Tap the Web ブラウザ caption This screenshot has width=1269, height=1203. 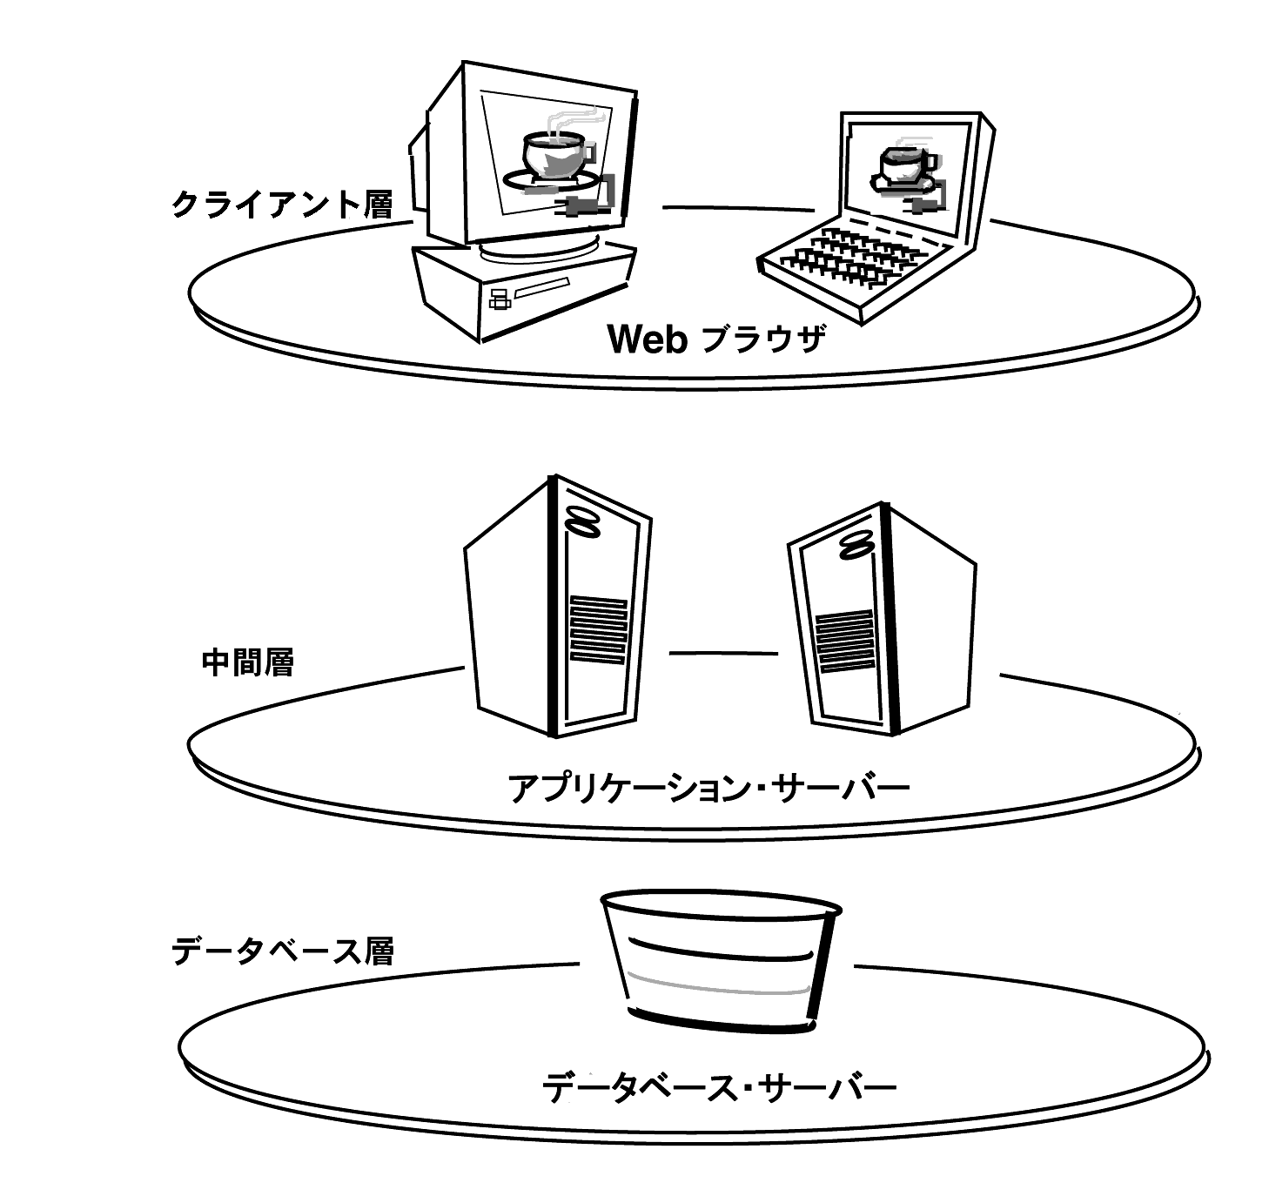tap(716, 339)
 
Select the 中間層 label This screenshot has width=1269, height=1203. tap(248, 662)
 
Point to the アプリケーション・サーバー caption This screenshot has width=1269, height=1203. tap(708, 788)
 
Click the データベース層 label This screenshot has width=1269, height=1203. tap(282, 951)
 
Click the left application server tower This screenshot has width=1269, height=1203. tap(558, 606)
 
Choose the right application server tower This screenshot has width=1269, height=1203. tap(882, 619)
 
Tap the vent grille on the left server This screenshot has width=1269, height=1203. tap(598, 629)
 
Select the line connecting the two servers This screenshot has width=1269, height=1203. tap(723, 653)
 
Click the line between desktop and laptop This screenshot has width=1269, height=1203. tap(738, 209)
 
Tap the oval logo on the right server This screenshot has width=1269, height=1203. tap(856, 545)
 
